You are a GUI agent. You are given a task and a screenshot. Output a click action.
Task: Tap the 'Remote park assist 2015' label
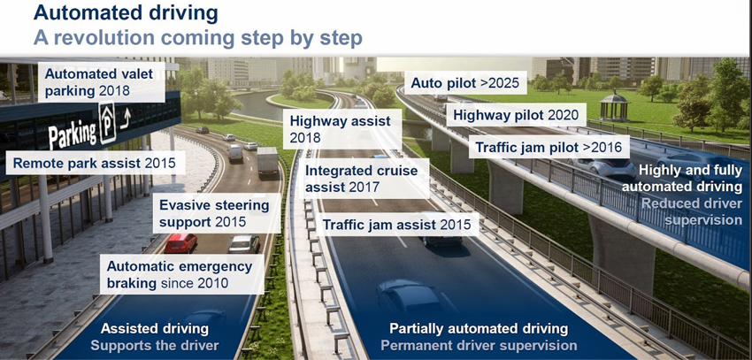[93, 163]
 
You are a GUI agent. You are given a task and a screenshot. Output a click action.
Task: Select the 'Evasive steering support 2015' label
[213, 213]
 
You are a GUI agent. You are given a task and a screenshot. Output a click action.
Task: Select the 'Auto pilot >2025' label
[467, 84]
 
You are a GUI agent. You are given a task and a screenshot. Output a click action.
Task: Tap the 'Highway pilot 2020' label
[515, 115]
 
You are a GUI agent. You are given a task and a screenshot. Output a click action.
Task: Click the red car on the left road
[180, 241]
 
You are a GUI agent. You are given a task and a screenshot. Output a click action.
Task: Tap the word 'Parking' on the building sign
[73, 134]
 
